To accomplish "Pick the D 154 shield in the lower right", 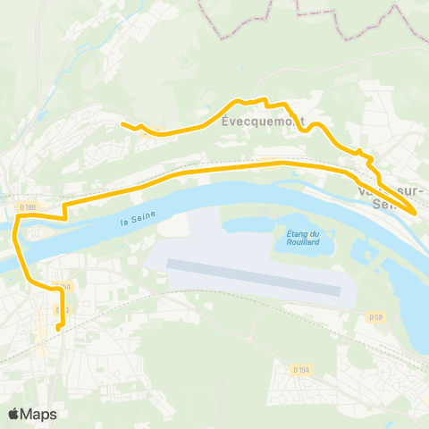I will (x=301, y=368).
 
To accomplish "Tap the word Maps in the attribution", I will (x=39, y=414).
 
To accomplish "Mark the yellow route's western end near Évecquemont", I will (x=122, y=124).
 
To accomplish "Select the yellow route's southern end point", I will (x=58, y=329).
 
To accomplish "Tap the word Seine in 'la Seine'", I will (x=144, y=216).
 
